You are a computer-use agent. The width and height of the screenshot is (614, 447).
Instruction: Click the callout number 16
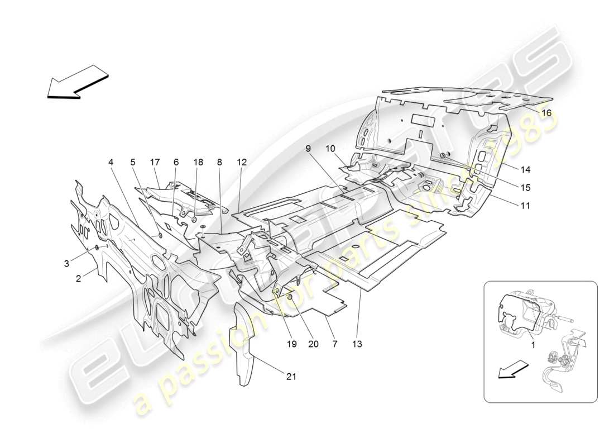point(546,113)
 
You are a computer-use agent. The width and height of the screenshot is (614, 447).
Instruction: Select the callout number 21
point(291,377)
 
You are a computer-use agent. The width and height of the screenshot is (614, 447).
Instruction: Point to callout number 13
point(357,344)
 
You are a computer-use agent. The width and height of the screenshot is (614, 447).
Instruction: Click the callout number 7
point(334,344)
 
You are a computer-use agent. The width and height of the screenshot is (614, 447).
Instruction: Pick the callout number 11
point(525,205)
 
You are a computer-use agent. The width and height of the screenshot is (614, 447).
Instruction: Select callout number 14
point(526,170)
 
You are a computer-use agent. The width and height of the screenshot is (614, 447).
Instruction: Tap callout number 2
point(79,277)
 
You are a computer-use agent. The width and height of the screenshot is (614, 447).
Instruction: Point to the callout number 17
point(155,162)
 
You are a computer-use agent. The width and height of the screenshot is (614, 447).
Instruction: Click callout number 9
point(308,149)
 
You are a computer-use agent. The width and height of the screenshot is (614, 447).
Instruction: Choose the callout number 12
point(241,162)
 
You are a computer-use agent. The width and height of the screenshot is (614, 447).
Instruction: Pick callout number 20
point(313,344)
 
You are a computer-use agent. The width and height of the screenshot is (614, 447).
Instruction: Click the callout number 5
point(133,162)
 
